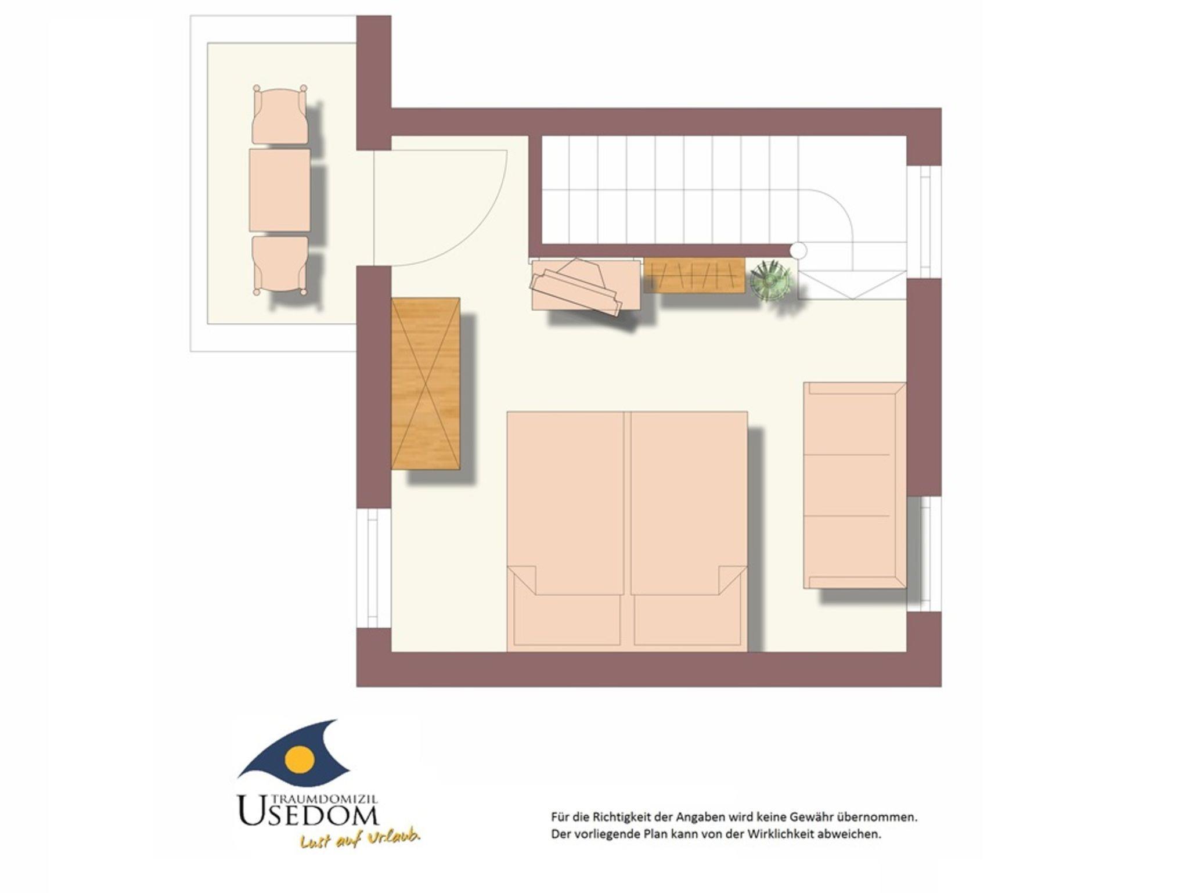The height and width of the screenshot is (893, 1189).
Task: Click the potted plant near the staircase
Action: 770,280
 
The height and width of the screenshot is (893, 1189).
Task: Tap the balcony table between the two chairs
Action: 279,190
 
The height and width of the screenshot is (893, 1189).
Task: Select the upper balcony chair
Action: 280,114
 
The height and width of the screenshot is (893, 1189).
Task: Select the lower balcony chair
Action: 280,265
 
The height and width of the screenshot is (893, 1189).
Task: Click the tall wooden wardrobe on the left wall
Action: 426,383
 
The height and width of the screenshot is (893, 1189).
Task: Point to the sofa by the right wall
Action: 855,485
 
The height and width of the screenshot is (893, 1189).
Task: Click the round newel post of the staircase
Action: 798,250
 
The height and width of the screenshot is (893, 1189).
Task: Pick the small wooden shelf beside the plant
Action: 694,275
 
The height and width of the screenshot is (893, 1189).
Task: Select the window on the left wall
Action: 373,568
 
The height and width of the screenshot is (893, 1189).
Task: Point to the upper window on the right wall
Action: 924,222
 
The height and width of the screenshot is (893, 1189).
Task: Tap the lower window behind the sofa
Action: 924,554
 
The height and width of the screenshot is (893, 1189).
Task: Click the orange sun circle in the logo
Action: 300,758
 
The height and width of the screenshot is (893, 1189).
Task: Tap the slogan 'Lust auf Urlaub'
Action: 360,840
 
